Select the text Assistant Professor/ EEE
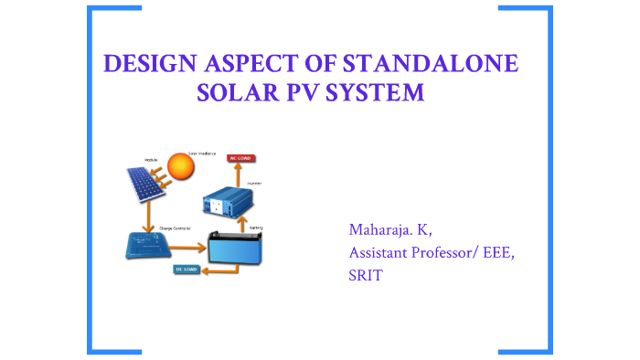(432, 252)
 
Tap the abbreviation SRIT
(365, 276)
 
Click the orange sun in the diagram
(181, 169)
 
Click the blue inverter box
(224, 197)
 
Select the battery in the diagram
(234, 246)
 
